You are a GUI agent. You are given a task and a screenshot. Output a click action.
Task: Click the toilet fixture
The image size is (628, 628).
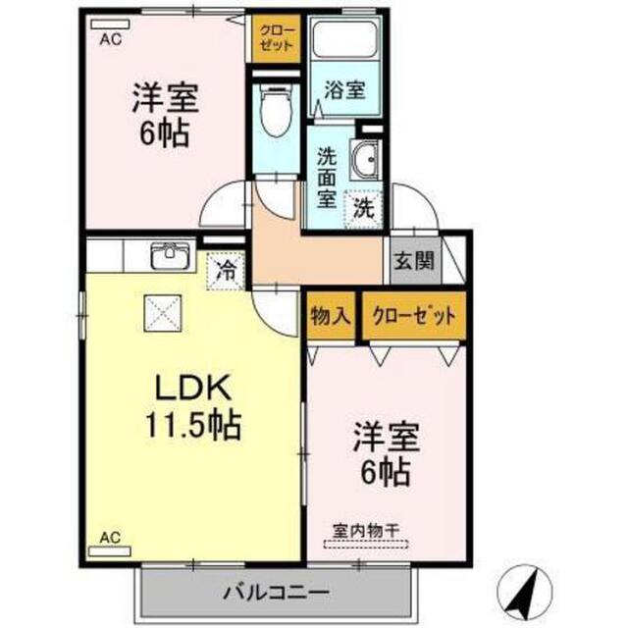coord(276,111)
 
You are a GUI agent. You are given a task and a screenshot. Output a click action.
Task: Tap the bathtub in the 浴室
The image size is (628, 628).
coord(344,40)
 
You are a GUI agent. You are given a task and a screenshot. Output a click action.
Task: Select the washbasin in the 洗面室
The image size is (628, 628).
coord(364,159)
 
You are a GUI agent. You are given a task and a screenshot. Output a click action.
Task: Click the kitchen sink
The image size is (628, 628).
coord(171,255)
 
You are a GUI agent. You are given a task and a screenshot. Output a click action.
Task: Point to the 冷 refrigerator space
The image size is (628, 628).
coord(226,271)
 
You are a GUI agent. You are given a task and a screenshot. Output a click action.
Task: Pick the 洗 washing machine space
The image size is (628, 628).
coord(364,209)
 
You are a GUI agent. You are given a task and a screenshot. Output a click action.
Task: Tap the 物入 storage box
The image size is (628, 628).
coord(331,316)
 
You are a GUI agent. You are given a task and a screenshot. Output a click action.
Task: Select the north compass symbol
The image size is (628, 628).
coord(524,592)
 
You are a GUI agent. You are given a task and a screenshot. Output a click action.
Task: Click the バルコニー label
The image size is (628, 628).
coord(277,592)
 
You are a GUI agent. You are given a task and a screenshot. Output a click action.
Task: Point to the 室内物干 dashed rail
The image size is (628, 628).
coord(366,545)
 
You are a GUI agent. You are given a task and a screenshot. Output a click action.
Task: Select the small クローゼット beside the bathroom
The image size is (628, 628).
coord(276,38)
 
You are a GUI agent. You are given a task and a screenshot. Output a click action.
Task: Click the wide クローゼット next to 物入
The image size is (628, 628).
coord(414,316)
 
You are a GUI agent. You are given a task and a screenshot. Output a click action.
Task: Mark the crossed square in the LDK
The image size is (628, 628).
coord(163,314)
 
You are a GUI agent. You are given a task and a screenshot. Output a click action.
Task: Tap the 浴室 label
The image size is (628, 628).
coord(344,90)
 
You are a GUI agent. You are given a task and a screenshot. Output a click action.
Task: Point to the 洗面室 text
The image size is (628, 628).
coord(327,178)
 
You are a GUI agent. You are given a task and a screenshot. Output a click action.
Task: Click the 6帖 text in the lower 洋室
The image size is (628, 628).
coord(386,472)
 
